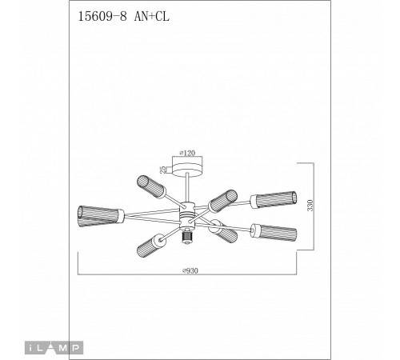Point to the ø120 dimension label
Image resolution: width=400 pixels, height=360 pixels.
pos(189,152)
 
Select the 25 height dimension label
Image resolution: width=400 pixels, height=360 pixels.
pos(162,169)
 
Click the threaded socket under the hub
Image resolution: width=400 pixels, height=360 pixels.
pos(189,236)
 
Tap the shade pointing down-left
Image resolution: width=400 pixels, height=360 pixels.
pos(150,242)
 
